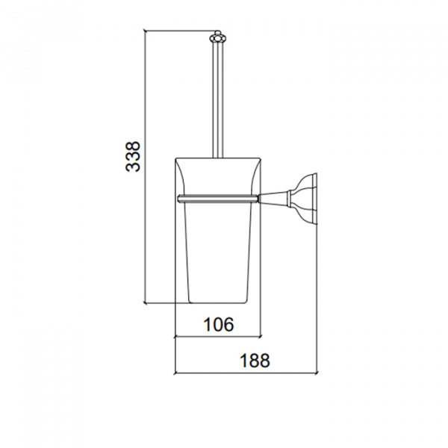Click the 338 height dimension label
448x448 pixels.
click(x=133, y=156)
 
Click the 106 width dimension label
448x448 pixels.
click(x=218, y=324)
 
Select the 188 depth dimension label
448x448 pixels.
click(x=255, y=361)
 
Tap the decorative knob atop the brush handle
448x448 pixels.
click(x=217, y=37)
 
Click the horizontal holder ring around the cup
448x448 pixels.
click(x=218, y=199)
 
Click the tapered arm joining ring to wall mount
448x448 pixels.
click(x=274, y=199)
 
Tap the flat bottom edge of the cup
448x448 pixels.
click(x=218, y=302)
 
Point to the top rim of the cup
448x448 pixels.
click(x=218, y=158)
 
